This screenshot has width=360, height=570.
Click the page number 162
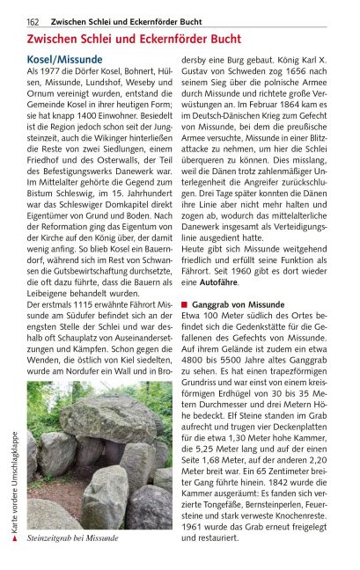[x=33, y=21]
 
